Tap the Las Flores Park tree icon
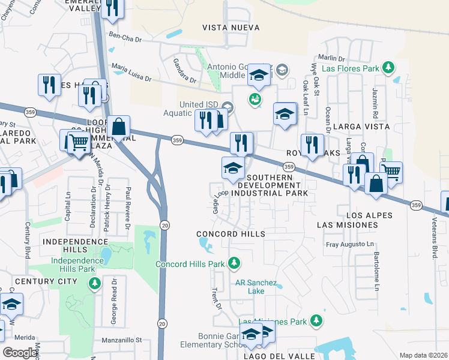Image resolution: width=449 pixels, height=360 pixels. (388, 68)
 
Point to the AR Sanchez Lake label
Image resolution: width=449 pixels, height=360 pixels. (256, 287)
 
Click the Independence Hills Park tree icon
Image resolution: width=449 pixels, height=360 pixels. (94, 283)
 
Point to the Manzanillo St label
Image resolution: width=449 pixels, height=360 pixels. (122, 339)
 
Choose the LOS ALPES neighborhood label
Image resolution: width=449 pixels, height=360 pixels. (369, 215)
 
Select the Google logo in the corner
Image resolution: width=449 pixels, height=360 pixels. (20, 352)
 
